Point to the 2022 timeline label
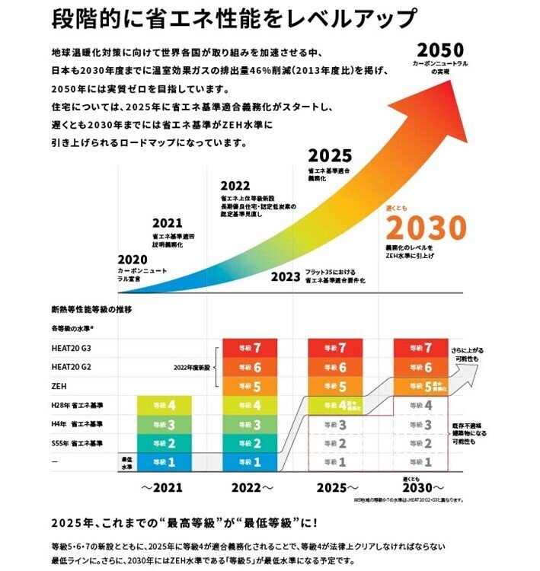(235, 186)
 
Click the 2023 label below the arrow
(286, 277)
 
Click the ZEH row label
(59, 385)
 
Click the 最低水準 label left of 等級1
(127, 462)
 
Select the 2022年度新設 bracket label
(191, 367)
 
